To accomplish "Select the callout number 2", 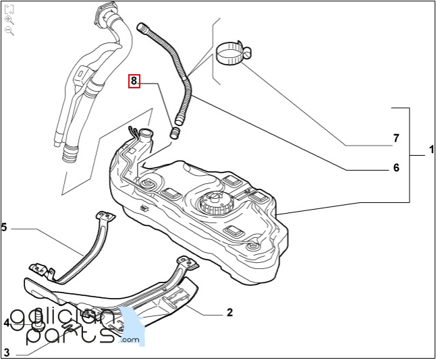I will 229,313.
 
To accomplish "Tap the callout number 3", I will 6,352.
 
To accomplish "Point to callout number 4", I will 6,323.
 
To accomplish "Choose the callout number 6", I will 396,168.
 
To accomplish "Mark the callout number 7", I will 396,140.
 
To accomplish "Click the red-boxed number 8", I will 134,81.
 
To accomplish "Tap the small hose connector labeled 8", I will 175,130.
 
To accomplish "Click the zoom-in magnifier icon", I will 9,21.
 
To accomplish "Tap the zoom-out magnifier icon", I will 9,31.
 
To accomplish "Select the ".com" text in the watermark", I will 130,340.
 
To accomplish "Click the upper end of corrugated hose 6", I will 142,27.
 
